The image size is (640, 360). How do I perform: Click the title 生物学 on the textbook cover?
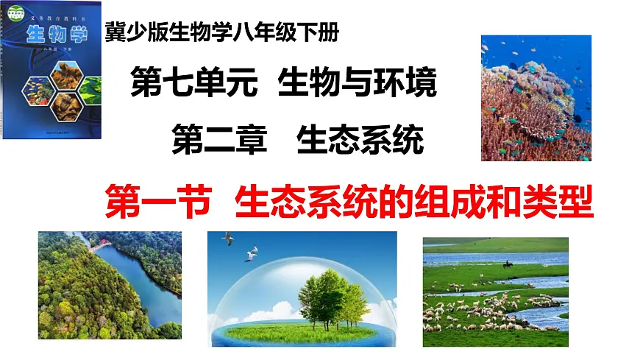tap(55, 34)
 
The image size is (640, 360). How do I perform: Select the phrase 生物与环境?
tap(358, 84)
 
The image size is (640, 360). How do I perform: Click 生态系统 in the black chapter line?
tap(360, 139)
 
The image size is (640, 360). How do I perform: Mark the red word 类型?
tap(558, 200)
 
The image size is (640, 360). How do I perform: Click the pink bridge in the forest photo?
tap(96, 248)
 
